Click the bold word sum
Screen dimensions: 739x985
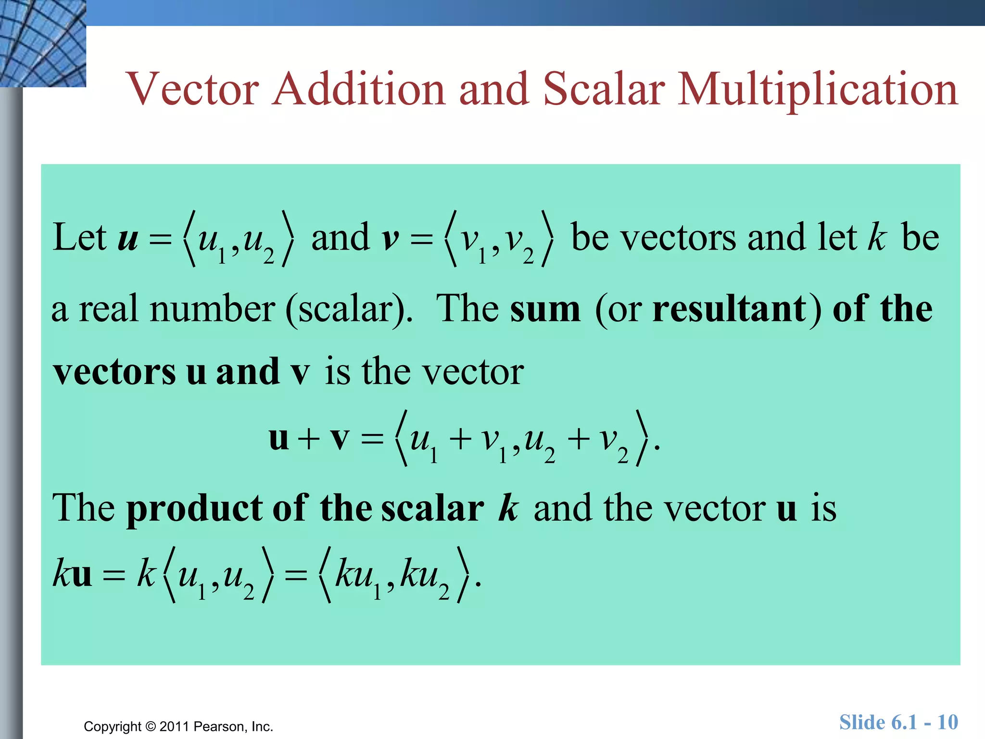545,309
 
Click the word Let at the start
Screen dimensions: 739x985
79,237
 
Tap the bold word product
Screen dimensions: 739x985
194,509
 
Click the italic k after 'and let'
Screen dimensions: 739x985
877,237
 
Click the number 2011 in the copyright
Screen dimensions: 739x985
174,726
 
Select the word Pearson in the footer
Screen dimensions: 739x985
219,726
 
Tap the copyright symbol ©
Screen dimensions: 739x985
151,726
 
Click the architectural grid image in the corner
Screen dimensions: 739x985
42,43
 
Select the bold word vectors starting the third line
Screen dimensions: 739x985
114,372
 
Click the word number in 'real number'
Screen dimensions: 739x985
212,309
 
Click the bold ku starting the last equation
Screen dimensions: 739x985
72,574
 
